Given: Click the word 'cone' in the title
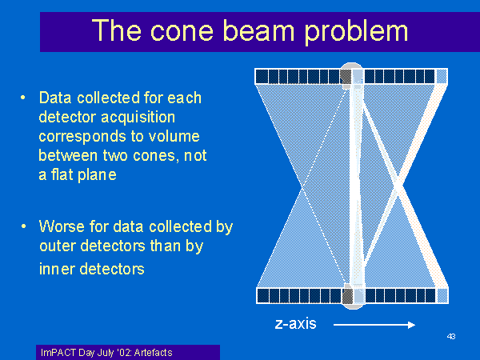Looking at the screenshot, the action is [182, 30].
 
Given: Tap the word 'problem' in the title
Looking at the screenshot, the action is [356, 32].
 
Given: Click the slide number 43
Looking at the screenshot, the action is [451, 337].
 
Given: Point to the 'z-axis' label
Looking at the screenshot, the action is [296, 324].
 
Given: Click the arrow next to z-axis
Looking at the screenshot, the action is [374, 325].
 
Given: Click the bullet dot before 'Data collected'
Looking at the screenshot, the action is [23, 98].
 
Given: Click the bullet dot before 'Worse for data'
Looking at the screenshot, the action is [23, 226].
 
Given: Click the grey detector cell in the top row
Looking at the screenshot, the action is [346, 76].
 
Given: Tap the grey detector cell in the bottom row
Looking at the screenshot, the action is [347, 296].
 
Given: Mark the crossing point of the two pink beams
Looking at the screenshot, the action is [398, 186].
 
